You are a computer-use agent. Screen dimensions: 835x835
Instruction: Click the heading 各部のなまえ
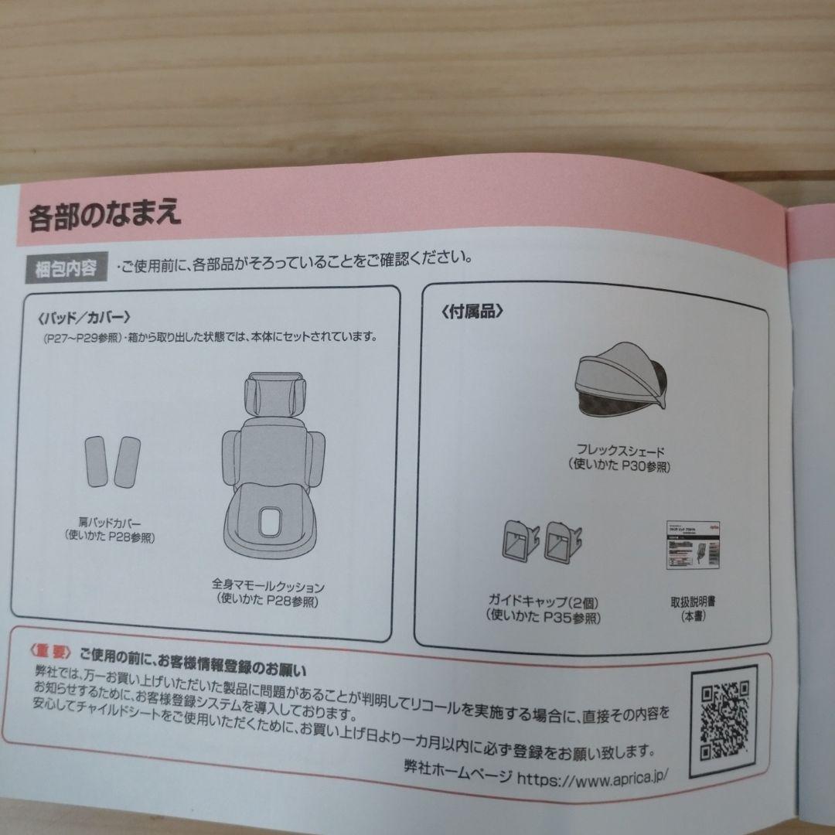[x=105, y=216]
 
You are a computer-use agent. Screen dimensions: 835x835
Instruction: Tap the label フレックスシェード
[x=622, y=452]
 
